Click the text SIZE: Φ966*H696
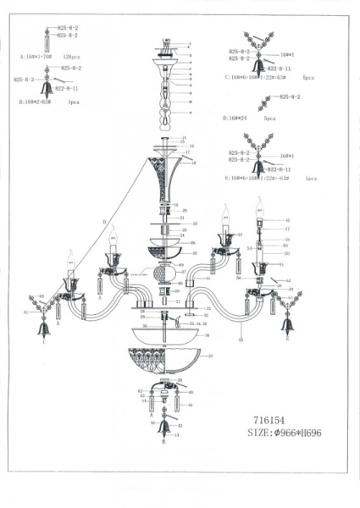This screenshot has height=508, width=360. (288, 433)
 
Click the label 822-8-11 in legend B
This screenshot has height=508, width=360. (66, 87)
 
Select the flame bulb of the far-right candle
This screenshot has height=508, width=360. (260, 204)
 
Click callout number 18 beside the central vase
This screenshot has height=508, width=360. (194, 162)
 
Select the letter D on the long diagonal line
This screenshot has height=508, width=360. (105, 222)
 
